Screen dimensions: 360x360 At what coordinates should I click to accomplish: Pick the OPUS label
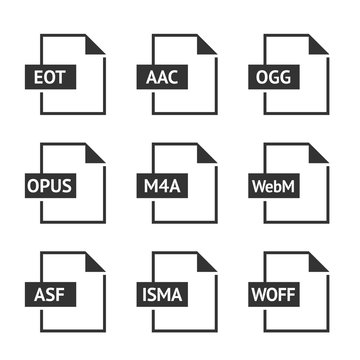point(50,185)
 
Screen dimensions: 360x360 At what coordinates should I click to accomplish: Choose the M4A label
point(161,185)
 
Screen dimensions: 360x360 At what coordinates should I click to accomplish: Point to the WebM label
point(274,185)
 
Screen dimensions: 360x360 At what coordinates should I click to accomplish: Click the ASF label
point(48,294)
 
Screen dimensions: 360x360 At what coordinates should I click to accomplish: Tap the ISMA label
point(161,294)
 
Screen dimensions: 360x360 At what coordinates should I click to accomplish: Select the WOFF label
point(274,294)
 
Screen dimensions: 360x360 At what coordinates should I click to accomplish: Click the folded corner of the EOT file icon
point(97,46)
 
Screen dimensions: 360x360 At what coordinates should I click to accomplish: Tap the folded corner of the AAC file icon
point(209,46)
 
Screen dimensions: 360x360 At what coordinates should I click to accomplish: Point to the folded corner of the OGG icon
point(320,46)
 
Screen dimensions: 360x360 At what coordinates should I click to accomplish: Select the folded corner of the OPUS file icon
point(97,154)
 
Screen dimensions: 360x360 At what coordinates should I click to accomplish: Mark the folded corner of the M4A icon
point(209,154)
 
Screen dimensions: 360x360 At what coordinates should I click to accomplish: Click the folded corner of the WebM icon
point(320,154)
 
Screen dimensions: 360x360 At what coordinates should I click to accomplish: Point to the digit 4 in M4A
point(161,185)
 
